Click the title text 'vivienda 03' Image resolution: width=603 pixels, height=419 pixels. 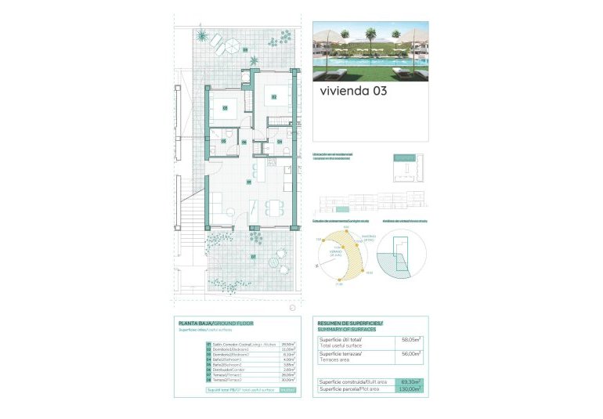tap(353, 91)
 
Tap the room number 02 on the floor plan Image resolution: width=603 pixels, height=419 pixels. tap(274, 97)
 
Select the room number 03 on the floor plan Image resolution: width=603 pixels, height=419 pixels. tap(225, 108)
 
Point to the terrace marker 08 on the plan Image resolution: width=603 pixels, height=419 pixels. tap(245, 50)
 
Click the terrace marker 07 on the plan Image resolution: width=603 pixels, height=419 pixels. tap(253, 256)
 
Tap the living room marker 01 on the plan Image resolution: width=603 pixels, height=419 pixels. tap(249, 182)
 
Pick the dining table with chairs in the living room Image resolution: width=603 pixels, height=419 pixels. tap(273, 208)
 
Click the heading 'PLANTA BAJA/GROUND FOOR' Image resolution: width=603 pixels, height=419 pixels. tap(216, 323)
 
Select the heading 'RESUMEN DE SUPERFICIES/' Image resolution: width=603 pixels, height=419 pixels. tap(350, 323)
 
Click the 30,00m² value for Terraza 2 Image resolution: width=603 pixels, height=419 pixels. tap(287, 380)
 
